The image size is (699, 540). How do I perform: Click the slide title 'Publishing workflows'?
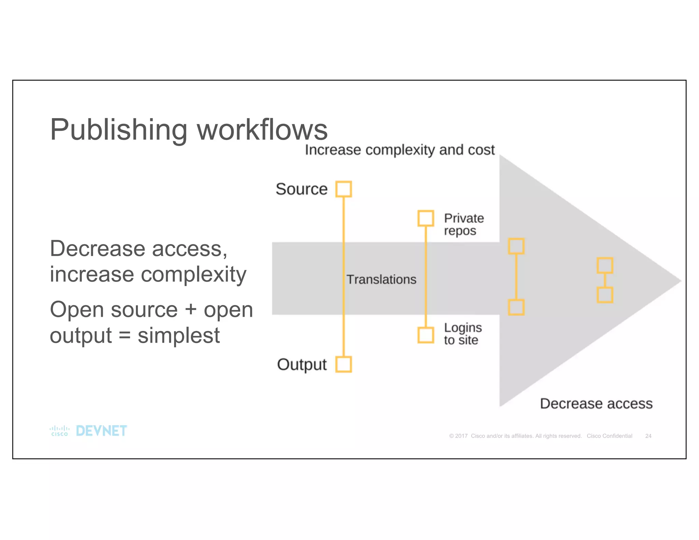tap(188, 130)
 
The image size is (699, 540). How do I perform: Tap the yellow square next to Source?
tap(343, 189)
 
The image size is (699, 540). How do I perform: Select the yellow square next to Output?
tap(343, 364)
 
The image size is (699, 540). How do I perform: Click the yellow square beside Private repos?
tap(426, 218)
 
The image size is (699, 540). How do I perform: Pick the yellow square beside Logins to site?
tap(426, 335)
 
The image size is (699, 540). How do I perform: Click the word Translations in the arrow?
tap(381, 280)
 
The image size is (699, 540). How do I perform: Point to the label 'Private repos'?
tap(463, 224)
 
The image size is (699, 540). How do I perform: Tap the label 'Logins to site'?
tap(462, 334)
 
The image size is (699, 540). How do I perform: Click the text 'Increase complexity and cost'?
tap(399, 150)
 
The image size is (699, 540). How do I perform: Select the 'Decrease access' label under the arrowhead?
tap(596, 403)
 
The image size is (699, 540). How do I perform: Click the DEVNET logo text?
tap(101, 431)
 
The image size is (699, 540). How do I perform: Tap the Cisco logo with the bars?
tap(59, 431)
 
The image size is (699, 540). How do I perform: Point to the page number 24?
tap(648, 436)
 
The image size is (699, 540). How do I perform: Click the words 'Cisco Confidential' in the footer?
tap(609, 436)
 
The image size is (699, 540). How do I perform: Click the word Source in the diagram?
tap(301, 189)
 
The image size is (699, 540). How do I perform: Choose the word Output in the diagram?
tap(302, 364)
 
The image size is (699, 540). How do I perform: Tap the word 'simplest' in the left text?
tap(179, 335)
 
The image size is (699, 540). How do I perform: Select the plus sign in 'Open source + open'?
tap(191, 310)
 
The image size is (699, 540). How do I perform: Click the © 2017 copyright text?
tap(458, 436)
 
